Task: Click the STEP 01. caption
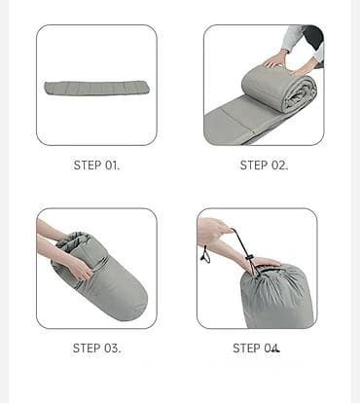point(96,165)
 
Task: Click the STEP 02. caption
point(264,165)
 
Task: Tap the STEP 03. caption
point(96,348)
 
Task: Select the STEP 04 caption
point(256,348)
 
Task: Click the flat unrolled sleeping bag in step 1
point(96,88)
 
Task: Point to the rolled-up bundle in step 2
point(279,88)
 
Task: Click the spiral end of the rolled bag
point(300,95)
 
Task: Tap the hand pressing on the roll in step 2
point(275,60)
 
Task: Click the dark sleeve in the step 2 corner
point(314,37)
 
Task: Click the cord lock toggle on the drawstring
point(249,258)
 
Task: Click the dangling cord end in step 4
point(205,255)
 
